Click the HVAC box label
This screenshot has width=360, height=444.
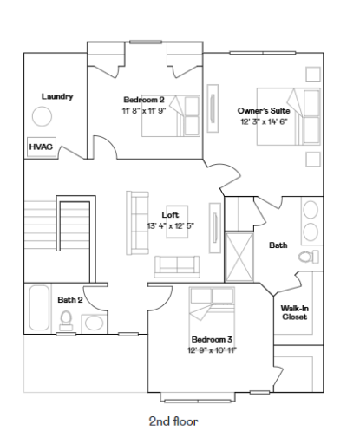coord(41,147)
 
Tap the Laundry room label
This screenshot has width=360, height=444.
coord(56,96)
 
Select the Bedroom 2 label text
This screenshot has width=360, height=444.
coord(143,100)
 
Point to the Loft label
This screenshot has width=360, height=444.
coord(170,215)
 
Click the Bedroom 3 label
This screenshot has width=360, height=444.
coord(212,339)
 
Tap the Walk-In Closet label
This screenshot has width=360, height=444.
coord(294,312)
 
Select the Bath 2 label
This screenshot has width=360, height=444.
coord(70,299)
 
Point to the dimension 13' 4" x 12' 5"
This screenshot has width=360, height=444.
coord(170,226)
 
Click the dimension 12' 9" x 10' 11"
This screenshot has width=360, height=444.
coord(212,350)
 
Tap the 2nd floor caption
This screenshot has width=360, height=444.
coord(173,421)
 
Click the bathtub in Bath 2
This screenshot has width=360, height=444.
coord(38,309)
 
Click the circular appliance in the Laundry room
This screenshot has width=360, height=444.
coord(42,117)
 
